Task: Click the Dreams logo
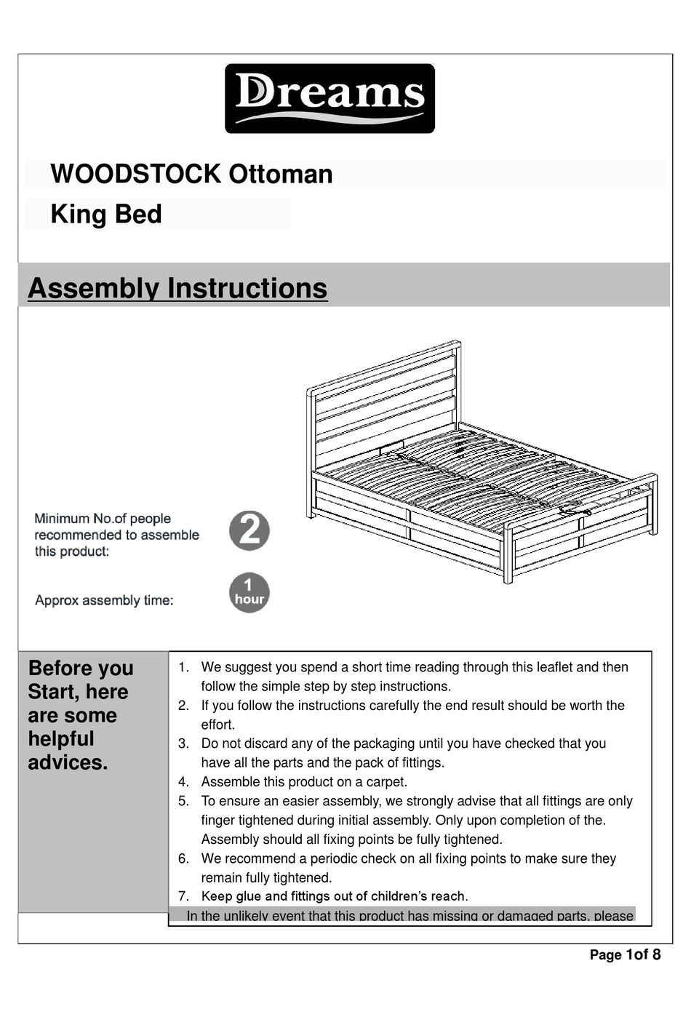(x=329, y=98)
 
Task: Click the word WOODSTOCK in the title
(x=135, y=175)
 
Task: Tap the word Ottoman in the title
(x=281, y=175)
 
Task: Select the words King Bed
(x=106, y=215)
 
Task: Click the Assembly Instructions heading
(x=177, y=288)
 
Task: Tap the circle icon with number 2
(x=249, y=530)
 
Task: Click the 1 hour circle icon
(x=249, y=593)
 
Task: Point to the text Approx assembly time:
(x=104, y=600)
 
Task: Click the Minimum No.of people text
(x=103, y=519)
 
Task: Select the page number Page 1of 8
(x=625, y=954)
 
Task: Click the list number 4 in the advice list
(x=183, y=782)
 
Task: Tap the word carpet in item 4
(x=386, y=782)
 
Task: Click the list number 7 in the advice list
(x=183, y=896)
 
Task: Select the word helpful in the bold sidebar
(x=61, y=739)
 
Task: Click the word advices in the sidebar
(x=68, y=762)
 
